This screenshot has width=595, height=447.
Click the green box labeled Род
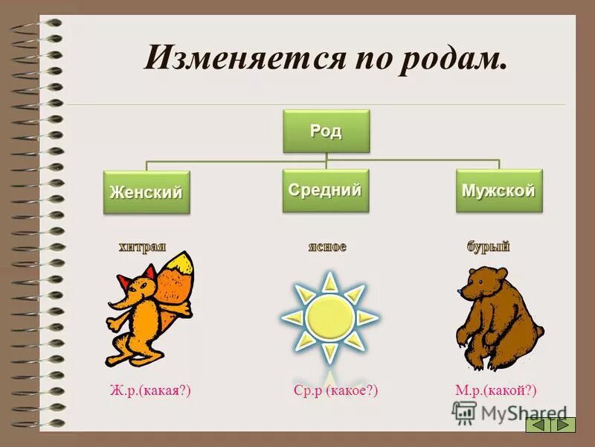(326, 131)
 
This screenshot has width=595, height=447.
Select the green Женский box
(146, 192)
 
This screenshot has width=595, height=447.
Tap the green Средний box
(325, 190)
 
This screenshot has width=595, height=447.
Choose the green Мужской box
(498, 191)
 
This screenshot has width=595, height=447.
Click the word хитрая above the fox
(141, 247)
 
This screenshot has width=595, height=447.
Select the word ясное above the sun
(327, 246)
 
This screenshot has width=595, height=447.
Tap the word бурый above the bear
(488, 247)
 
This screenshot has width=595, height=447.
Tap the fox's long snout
(118, 302)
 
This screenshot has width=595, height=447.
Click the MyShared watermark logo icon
(464, 412)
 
